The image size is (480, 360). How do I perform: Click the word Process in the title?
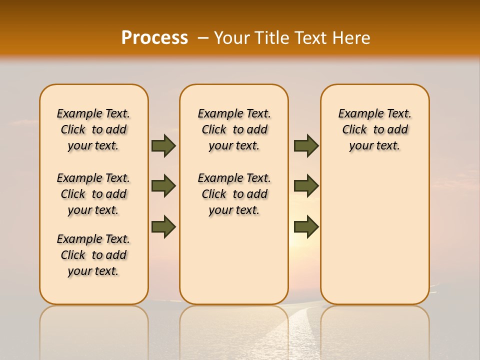coord(154,37)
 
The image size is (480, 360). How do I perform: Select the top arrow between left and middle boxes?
coord(163,145)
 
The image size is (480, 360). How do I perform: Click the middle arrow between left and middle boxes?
coord(163,186)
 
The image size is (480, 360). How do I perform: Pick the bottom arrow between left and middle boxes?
coord(163,226)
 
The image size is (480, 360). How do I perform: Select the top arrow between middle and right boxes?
coord(306,145)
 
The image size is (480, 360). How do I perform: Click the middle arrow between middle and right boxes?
coord(306,186)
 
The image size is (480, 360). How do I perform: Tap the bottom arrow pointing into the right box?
coord(306,226)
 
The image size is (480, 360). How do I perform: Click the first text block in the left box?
coord(93,129)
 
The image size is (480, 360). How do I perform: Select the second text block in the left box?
coord(93,194)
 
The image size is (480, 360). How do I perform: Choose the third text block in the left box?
coord(93,255)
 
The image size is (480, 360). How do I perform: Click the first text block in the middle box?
coord(234,129)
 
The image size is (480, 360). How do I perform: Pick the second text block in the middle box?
coord(234,194)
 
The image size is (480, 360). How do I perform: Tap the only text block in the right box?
coord(374,129)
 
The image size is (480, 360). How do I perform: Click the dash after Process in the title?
coord(203,38)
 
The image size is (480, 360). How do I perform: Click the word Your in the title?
coord(232,38)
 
